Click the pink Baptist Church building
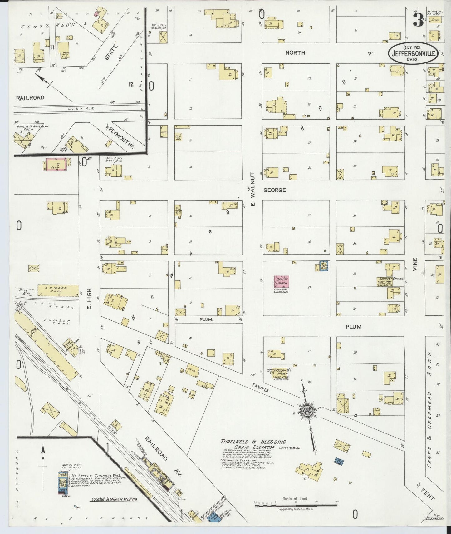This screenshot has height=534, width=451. click(281, 282)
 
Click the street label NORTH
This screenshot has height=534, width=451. click(295, 53)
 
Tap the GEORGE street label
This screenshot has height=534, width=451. click(274, 190)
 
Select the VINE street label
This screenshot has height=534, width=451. click(415, 264)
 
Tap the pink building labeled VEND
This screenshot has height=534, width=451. click(56, 165)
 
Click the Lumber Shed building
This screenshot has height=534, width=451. click(58, 290)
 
